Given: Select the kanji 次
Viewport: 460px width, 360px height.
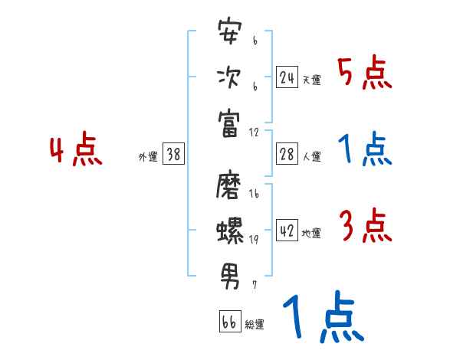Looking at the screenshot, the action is coord(231,78).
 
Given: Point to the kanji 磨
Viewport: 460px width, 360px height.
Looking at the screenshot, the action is coord(231,184).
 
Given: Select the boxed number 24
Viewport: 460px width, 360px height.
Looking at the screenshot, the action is coord(287,77).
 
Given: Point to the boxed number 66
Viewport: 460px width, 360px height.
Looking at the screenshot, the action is coord(229,322).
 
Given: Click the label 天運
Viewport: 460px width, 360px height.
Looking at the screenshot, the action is coord(311,80).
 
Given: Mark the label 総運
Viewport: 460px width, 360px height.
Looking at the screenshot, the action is coord(254,325).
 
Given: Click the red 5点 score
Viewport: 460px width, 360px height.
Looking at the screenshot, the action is coord(364,74).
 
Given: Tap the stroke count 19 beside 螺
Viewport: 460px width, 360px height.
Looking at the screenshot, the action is coord(254,238).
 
